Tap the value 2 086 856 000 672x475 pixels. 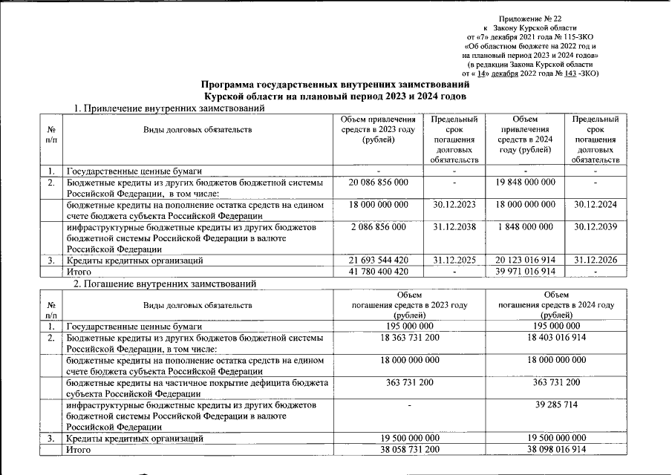pos(377,226)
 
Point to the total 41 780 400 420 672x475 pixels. pos(377,272)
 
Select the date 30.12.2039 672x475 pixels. pos(596,226)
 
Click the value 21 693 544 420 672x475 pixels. pos(377,261)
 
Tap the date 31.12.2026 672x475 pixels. pos(596,261)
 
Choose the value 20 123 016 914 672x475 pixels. pos(525,261)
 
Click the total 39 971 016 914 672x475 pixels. pos(525,272)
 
